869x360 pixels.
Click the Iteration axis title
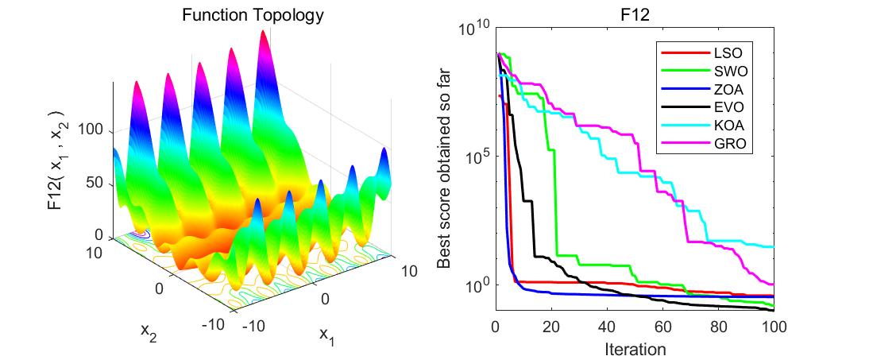pos(635,348)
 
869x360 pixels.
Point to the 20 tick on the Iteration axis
pos(551,326)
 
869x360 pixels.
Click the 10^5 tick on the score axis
pos(474,157)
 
